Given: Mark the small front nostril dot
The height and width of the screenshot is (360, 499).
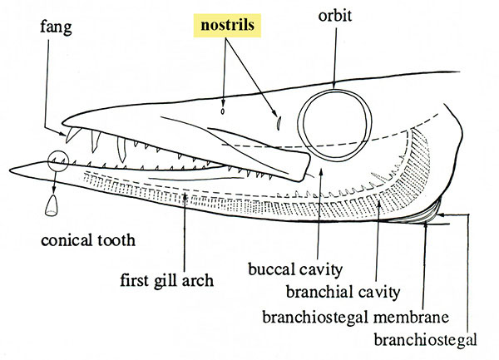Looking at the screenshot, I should click(x=223, y=109).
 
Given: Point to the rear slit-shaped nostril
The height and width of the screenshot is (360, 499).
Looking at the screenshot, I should click(x=279, y=122).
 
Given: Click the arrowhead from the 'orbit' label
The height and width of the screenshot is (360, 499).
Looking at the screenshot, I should click(x=333, y=86).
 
